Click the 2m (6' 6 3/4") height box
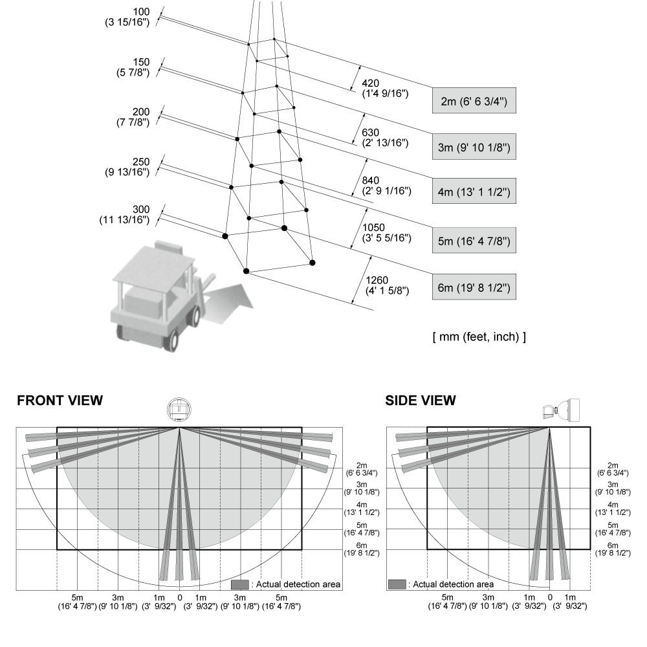[x=474, y=101]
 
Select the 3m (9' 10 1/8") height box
[x=474, y=147]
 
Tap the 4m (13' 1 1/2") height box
[x=474, y=192]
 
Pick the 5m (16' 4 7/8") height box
[x=474, y=241]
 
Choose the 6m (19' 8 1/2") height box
[x=474, y=287]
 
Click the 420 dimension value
[x=370, y=83]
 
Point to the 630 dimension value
[x=370, y=133]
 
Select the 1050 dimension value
[x=373, y=227]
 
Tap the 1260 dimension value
[x=377, y=280]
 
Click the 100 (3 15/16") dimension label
[x=127, y=17]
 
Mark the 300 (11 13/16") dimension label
[x=125, y=215]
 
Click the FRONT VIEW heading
[x=60, y=400]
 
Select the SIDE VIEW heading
[x=421, y=400]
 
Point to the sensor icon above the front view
[x=179, y=410]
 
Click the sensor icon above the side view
[x=561, y=411]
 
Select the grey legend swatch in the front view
[x=240, y=584]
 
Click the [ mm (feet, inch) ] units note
[x=479, y=336]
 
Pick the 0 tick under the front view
[x=179, y=597]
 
